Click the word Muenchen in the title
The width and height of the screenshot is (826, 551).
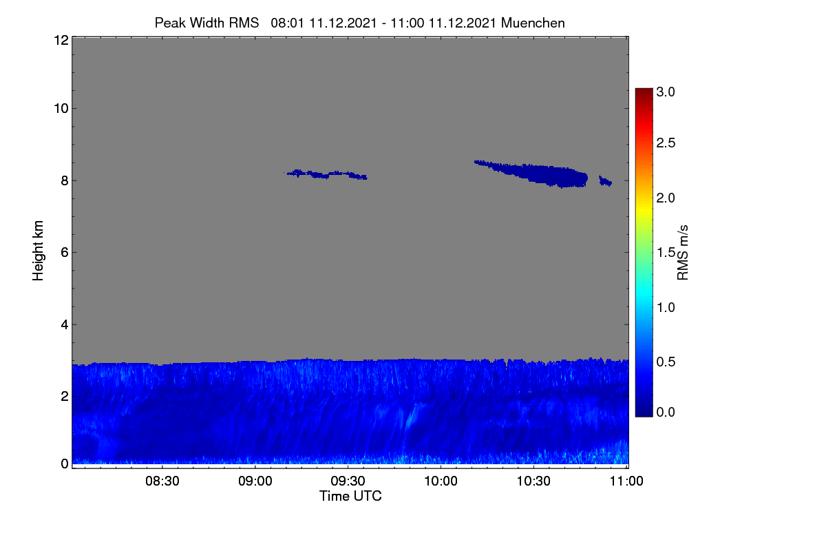533,23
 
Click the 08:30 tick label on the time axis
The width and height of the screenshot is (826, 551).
162,481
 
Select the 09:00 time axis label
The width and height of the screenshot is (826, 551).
255,481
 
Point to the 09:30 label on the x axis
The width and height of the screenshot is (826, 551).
348,481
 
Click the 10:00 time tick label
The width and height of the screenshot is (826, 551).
441,481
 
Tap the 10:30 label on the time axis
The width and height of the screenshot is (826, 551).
533,481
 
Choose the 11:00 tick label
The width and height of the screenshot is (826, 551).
626,481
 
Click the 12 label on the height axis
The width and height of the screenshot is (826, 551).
61,40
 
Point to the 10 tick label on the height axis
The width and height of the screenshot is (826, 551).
61,109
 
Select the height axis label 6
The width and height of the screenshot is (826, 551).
65,253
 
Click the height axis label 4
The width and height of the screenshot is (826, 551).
65,325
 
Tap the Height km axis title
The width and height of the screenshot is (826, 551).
38,251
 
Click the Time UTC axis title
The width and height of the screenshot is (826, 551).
350,496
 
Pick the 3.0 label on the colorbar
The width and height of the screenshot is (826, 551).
666,92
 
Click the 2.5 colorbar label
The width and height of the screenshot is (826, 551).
666,143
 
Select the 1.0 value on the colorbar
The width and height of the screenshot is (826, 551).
666,307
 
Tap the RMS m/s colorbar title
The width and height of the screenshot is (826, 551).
683,253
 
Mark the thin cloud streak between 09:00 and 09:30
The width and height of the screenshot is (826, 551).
326,174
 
